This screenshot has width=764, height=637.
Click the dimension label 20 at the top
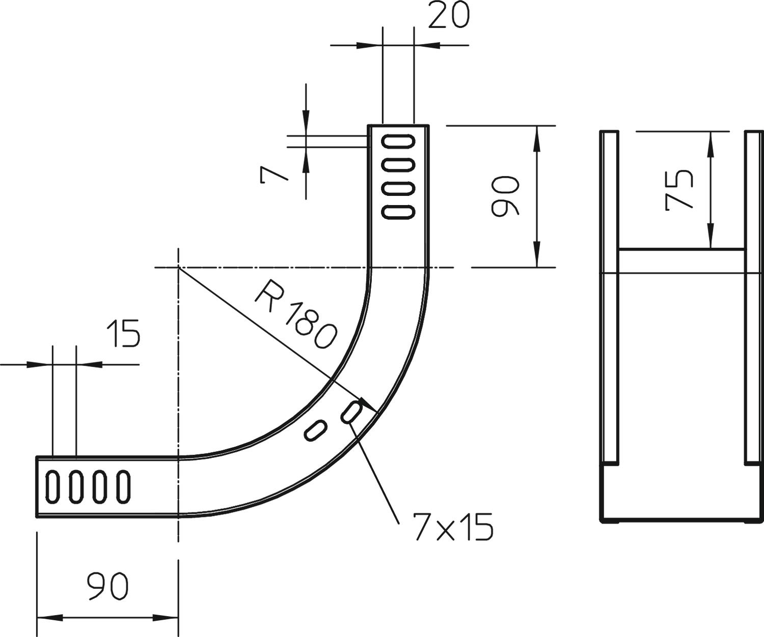click(448, 16)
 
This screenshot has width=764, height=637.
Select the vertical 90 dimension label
click(505, 196)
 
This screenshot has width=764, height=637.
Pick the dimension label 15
click(123, 334)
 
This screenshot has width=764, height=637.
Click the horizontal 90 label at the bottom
click(107, 586)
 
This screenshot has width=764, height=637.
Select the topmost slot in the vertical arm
click(398, 141)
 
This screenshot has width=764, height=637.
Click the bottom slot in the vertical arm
click(398, 211)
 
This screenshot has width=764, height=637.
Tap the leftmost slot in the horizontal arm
click(52, 486)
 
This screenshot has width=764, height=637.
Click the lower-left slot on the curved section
click(315, 430)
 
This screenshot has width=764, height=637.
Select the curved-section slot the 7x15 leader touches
click(352, 411)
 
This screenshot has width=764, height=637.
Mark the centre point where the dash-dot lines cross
click(178, 267)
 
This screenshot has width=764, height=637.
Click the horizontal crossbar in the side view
click(681, 260)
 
